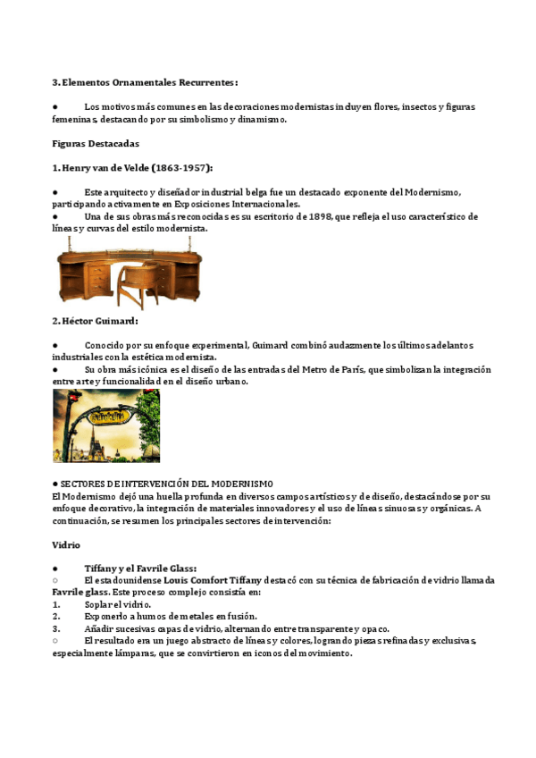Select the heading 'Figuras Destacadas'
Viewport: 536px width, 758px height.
click(x=96, y=143)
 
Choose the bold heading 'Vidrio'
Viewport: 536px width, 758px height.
click(x=66, y=543)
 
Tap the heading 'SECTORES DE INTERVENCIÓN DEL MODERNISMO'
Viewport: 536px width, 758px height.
click(x=169, y=484)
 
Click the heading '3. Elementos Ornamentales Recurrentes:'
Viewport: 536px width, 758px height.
click(x=146, y=82)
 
